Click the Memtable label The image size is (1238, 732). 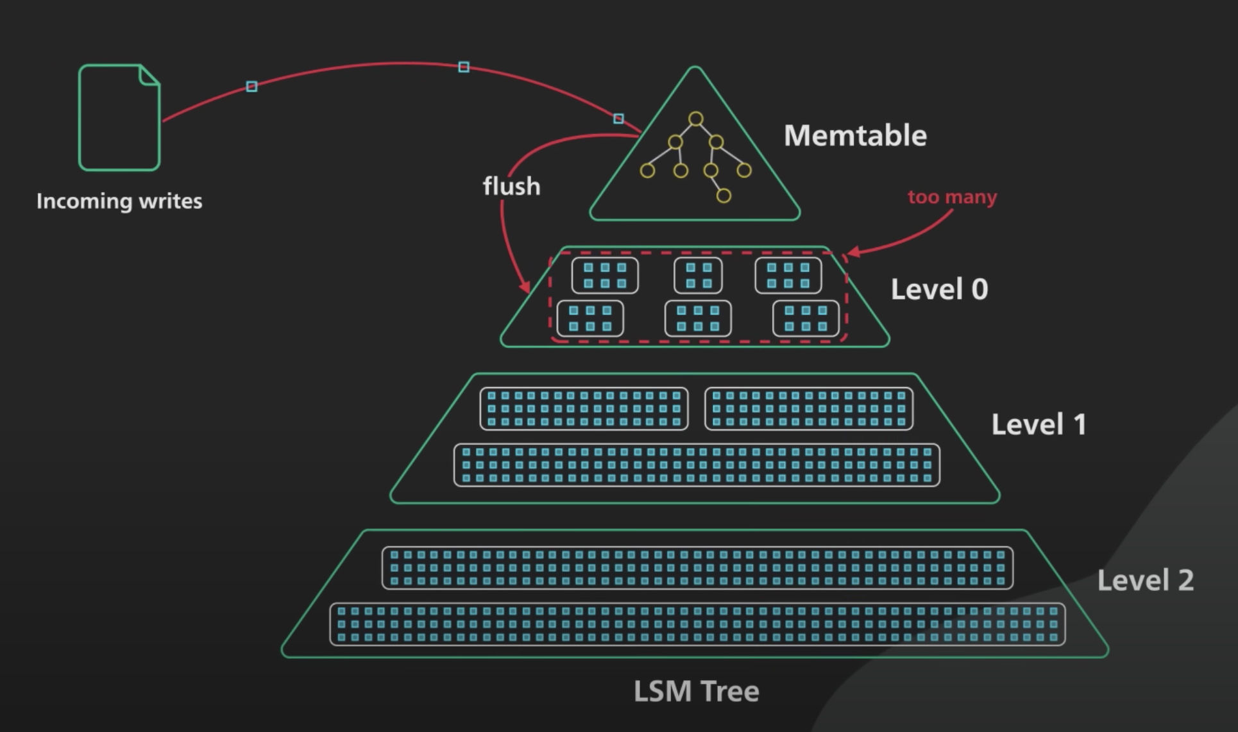tap(855, 136)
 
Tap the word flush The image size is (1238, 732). tap(511, 187)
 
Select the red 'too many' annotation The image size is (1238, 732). tap(952, 197)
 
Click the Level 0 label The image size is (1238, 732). tap(939, 289)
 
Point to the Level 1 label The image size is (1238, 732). tap(1039, 424)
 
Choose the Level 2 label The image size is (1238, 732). tap(1145, 581)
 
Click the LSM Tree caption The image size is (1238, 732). tap(696, 691)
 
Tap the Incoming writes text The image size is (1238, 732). tap(119, 201)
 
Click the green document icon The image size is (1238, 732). tap(119, 118)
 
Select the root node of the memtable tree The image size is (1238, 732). tap(696, 119)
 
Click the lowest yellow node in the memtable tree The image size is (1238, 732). tap(724, 195)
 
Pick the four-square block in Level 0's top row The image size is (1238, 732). tap(698, 276)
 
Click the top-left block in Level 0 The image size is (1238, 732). tap(604, 276)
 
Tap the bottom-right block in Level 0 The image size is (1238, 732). tap(806, 319)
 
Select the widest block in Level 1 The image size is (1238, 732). tap(697, 465)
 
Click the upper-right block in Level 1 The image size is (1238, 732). tap(808, 409)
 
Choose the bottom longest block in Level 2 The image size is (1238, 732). tap(697, 624)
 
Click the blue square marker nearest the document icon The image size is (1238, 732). tap(251, 86)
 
